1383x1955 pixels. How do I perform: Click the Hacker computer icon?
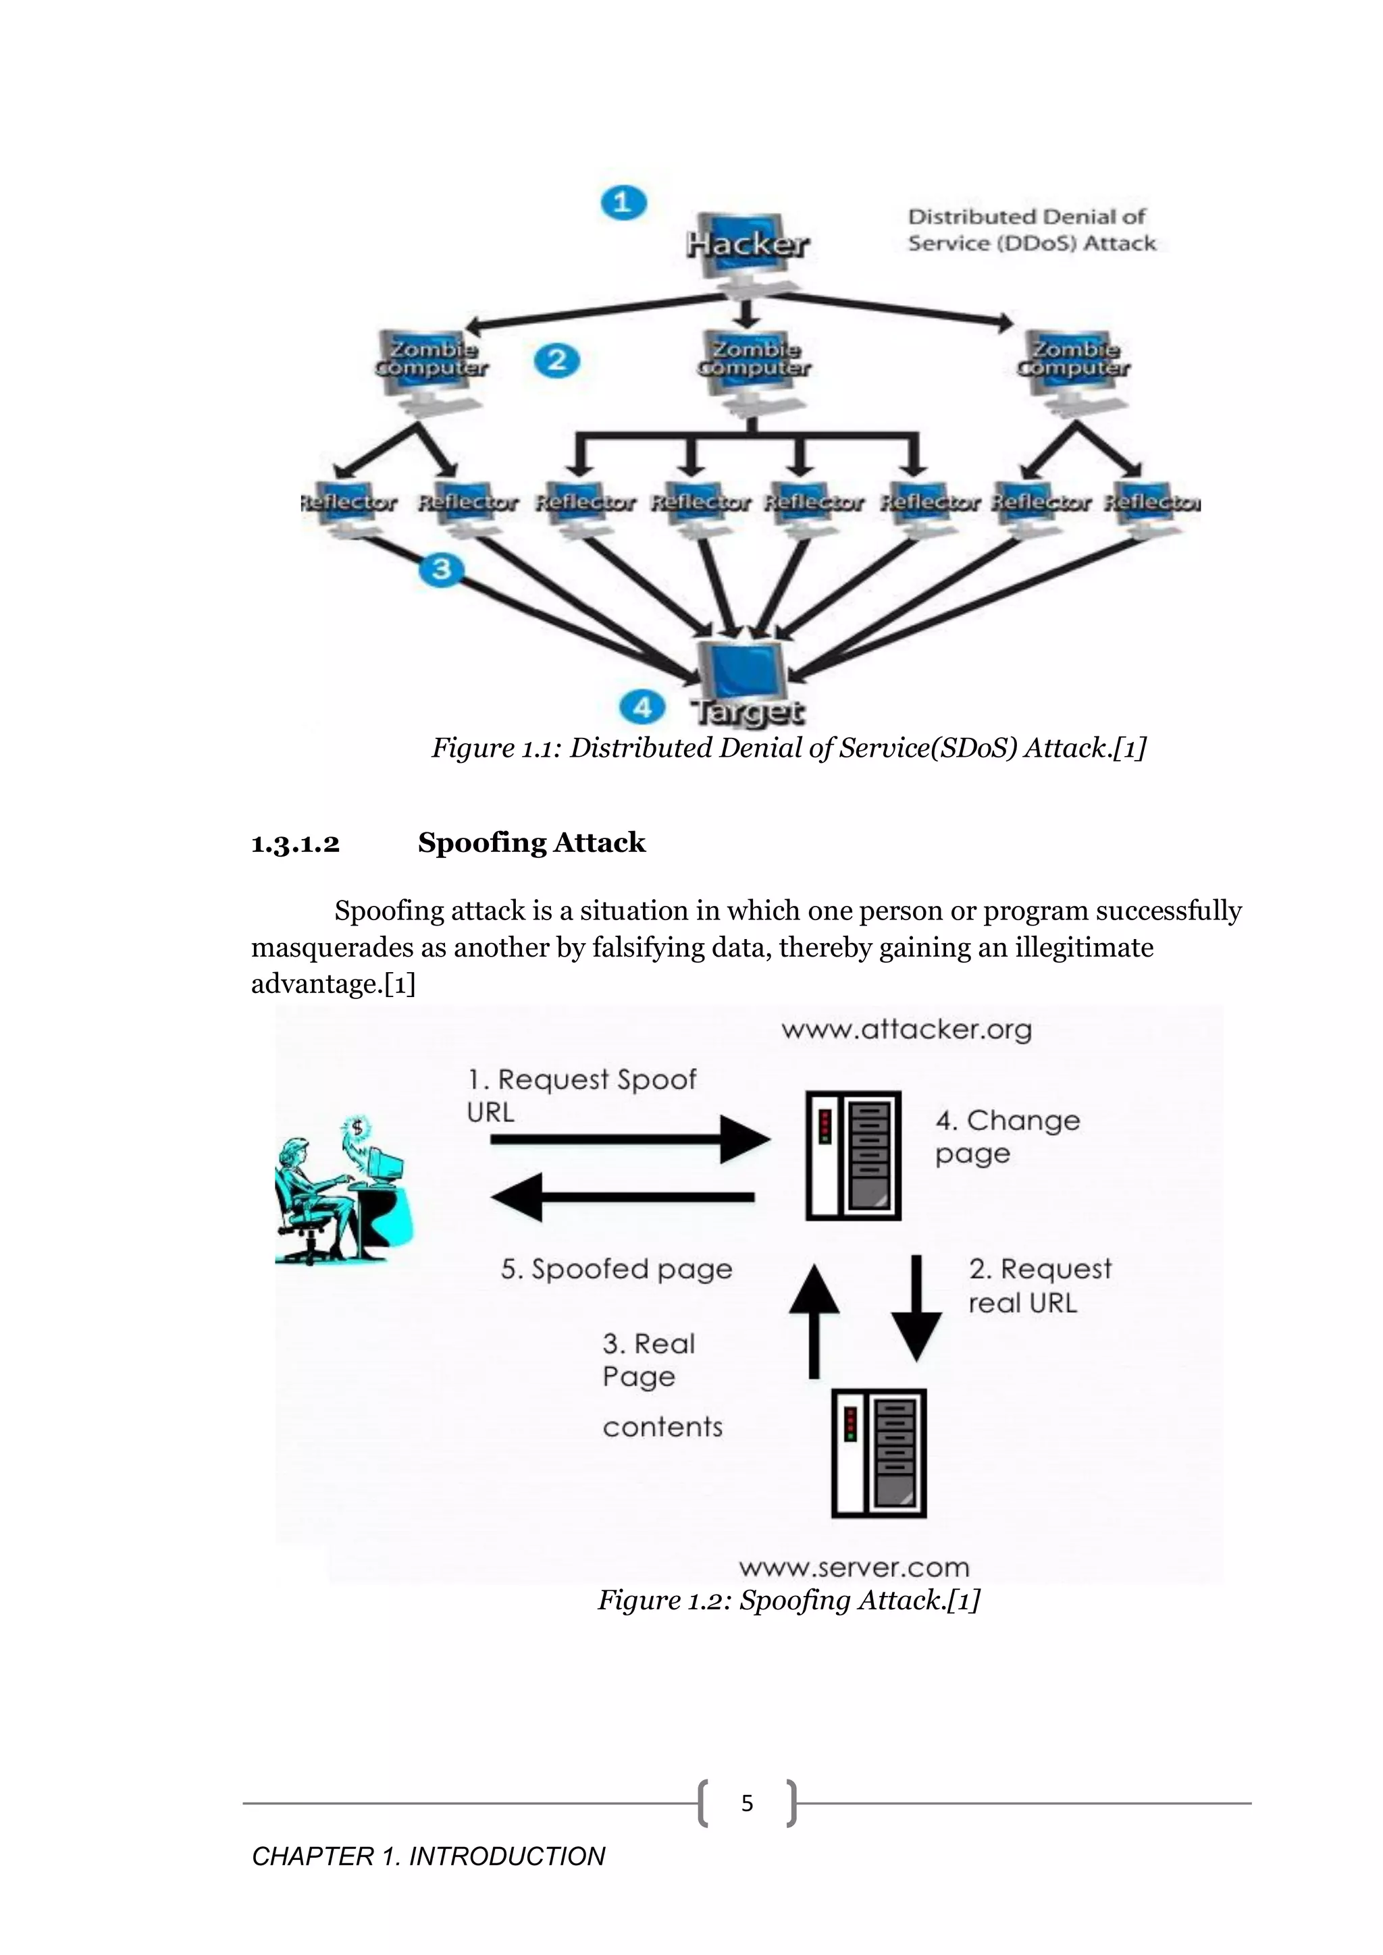[747, 248]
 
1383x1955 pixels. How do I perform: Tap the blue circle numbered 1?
[623, 203]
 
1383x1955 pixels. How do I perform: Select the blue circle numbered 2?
[557, 360]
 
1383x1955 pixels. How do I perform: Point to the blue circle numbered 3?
[441, 569]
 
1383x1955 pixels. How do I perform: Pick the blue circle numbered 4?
[642, 707]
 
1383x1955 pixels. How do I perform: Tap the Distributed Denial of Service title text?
[1030, 230]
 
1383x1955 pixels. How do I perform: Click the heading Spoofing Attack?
[531, 843]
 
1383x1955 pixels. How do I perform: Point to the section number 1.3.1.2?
[296, 844]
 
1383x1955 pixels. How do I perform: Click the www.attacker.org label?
[906, 1029]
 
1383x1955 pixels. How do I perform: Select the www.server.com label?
[854, 1568]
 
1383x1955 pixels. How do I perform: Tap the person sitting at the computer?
[340, 1192]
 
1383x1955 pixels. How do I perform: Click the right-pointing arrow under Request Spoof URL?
[630, 1140]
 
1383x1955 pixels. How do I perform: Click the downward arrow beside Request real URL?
[916, 1308]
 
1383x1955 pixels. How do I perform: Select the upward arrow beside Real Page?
[814, 1320]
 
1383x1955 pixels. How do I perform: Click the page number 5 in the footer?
[747, 1802]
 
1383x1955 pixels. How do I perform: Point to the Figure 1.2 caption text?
[789, 1600]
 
